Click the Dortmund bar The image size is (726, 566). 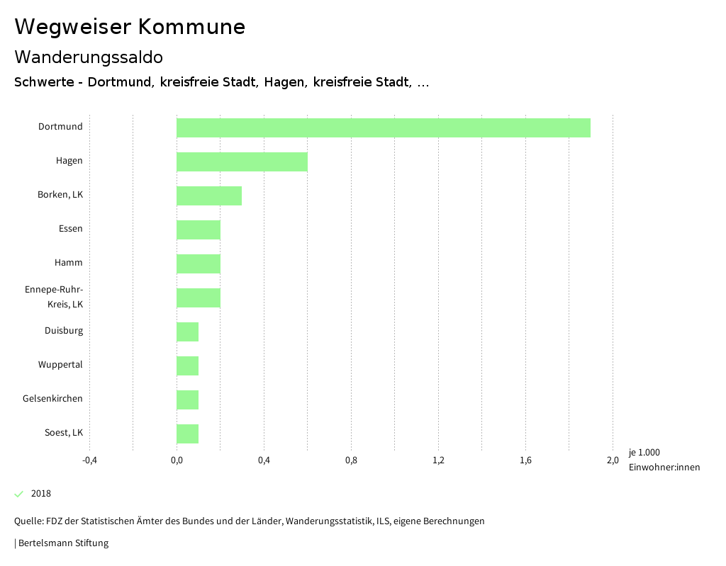point(383,128)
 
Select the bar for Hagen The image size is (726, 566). point(242,162)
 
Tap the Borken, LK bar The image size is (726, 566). point(209,196)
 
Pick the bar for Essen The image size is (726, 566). point(199,230)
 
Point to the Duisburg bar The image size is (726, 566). point(187,332)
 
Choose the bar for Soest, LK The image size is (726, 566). point(187,434)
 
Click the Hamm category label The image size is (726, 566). point(69,263)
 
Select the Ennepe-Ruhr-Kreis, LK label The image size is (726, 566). point(54,297)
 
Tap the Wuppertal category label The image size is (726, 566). point(60,365)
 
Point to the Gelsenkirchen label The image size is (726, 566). point(52,399)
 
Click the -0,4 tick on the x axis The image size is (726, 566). point(89,460)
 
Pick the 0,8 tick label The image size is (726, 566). point(351,460)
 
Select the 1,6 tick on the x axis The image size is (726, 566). point(525,460)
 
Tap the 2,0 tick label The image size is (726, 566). point(613,460)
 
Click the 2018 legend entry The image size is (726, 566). point(40,494)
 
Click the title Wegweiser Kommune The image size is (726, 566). point(130,27)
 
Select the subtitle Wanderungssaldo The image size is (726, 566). point(89,57)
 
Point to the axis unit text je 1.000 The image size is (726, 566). point(644,453)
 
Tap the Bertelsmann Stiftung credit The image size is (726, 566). point(63,543)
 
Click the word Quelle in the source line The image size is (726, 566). point(28,521)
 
